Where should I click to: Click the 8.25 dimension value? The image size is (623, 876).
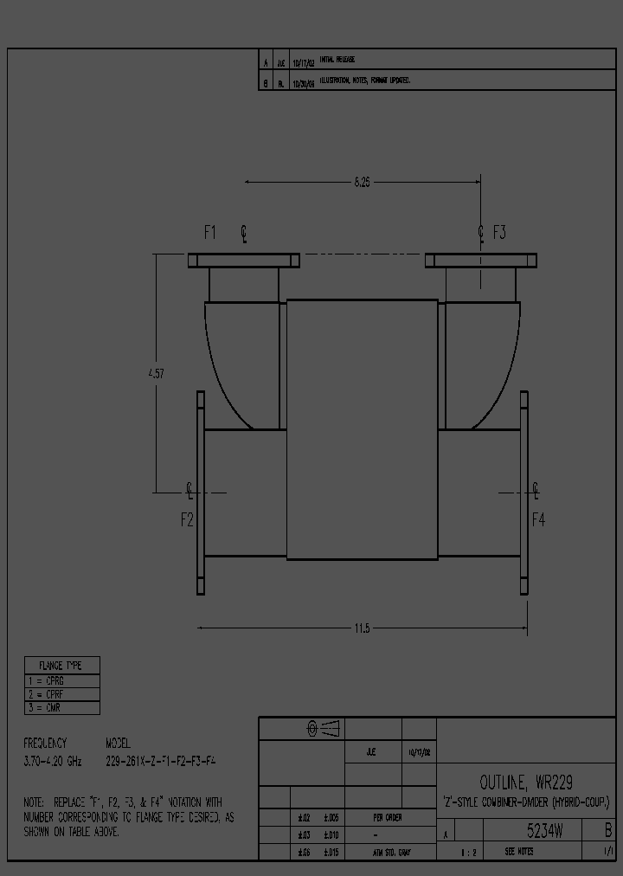[x=362, y=183]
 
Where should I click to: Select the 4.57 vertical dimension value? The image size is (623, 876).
[x=156, y=374]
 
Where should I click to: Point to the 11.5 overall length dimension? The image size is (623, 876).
[x=362, y=628]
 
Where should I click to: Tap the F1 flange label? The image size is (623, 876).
[x=210, y=232]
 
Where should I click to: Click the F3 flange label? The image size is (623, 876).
[x=499, y=232]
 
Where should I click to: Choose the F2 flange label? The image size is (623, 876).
[x=187, y=519]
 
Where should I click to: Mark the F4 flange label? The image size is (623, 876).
[x=538, y=519]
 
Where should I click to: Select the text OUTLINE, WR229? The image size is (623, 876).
[x=525, y=782]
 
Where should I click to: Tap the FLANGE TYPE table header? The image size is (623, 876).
[x=61, y=666]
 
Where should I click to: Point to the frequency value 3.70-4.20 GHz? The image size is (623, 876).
[x=54, y=762]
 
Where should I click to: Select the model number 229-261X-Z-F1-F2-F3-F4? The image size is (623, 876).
[x=160, y=762]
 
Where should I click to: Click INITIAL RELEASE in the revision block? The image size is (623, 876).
[x=337, y=60]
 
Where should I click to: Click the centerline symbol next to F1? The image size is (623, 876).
[x=244, y=232]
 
